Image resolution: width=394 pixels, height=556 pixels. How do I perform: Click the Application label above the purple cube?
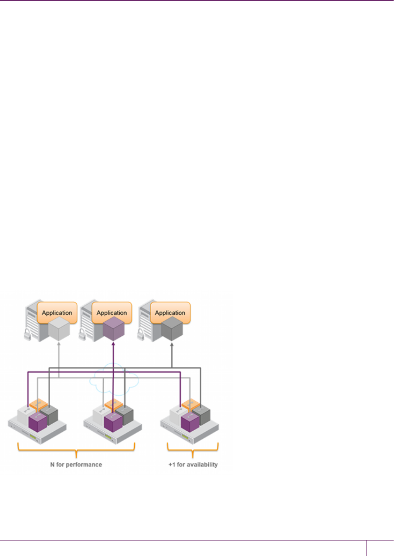pos(112,313)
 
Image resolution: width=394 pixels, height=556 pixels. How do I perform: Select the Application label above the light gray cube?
pos(57,313)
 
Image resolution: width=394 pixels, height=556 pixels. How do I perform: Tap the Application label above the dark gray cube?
pos(170,313)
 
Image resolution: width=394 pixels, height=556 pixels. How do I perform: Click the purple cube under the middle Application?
pos(113,329)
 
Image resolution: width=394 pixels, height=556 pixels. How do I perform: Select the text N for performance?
pos(76,465)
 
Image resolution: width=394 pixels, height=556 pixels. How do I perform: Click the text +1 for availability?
pos(193,465)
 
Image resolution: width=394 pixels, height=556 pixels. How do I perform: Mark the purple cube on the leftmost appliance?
pos(38,422)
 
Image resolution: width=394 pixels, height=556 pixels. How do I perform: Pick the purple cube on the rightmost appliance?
pos(190,422)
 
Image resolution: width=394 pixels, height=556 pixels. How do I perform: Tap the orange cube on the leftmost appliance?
pos(39,404)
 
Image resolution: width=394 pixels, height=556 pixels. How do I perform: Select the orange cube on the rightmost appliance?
pos(191,404)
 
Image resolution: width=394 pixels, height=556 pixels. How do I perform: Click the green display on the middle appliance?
pos(109,438)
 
